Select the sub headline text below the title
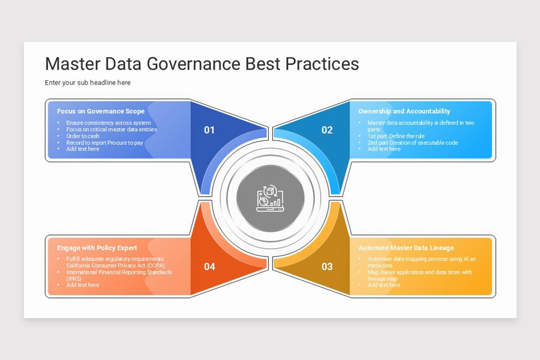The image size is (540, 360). coord(88,83)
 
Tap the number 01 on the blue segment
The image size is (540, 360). coord(209,130)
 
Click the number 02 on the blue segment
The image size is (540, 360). coord(327,130)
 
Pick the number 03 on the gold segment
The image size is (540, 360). coord(327,266)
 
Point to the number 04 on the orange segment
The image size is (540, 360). coord(209,266)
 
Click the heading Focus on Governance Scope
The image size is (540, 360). coord(101,111)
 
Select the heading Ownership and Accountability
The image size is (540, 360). coord(404,111)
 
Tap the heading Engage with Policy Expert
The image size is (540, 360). coord(97,248)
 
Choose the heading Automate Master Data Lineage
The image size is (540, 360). coord(406,248)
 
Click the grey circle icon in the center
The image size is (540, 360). coord(270,197)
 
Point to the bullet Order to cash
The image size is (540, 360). coord(83,136)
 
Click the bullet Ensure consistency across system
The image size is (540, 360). coord(108,123)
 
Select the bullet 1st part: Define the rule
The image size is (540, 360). coord(396,136)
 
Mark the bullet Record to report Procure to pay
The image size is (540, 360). coord(105,143)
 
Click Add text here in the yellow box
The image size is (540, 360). coord(384,285)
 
